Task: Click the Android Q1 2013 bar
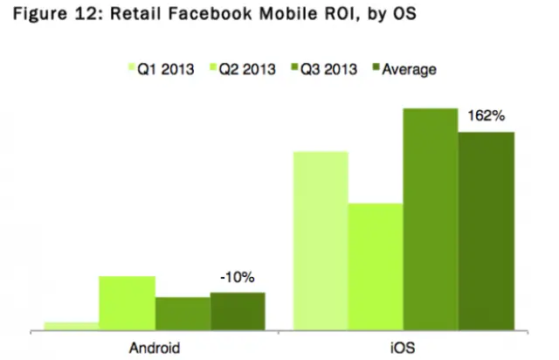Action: point(72,327)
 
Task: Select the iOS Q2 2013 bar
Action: point(375,267)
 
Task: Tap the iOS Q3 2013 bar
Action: point(431,219)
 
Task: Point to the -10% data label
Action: point(237,279)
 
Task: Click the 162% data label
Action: point(487,118)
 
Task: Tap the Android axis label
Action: point(155,347)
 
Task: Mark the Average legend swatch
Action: point(378,67)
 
